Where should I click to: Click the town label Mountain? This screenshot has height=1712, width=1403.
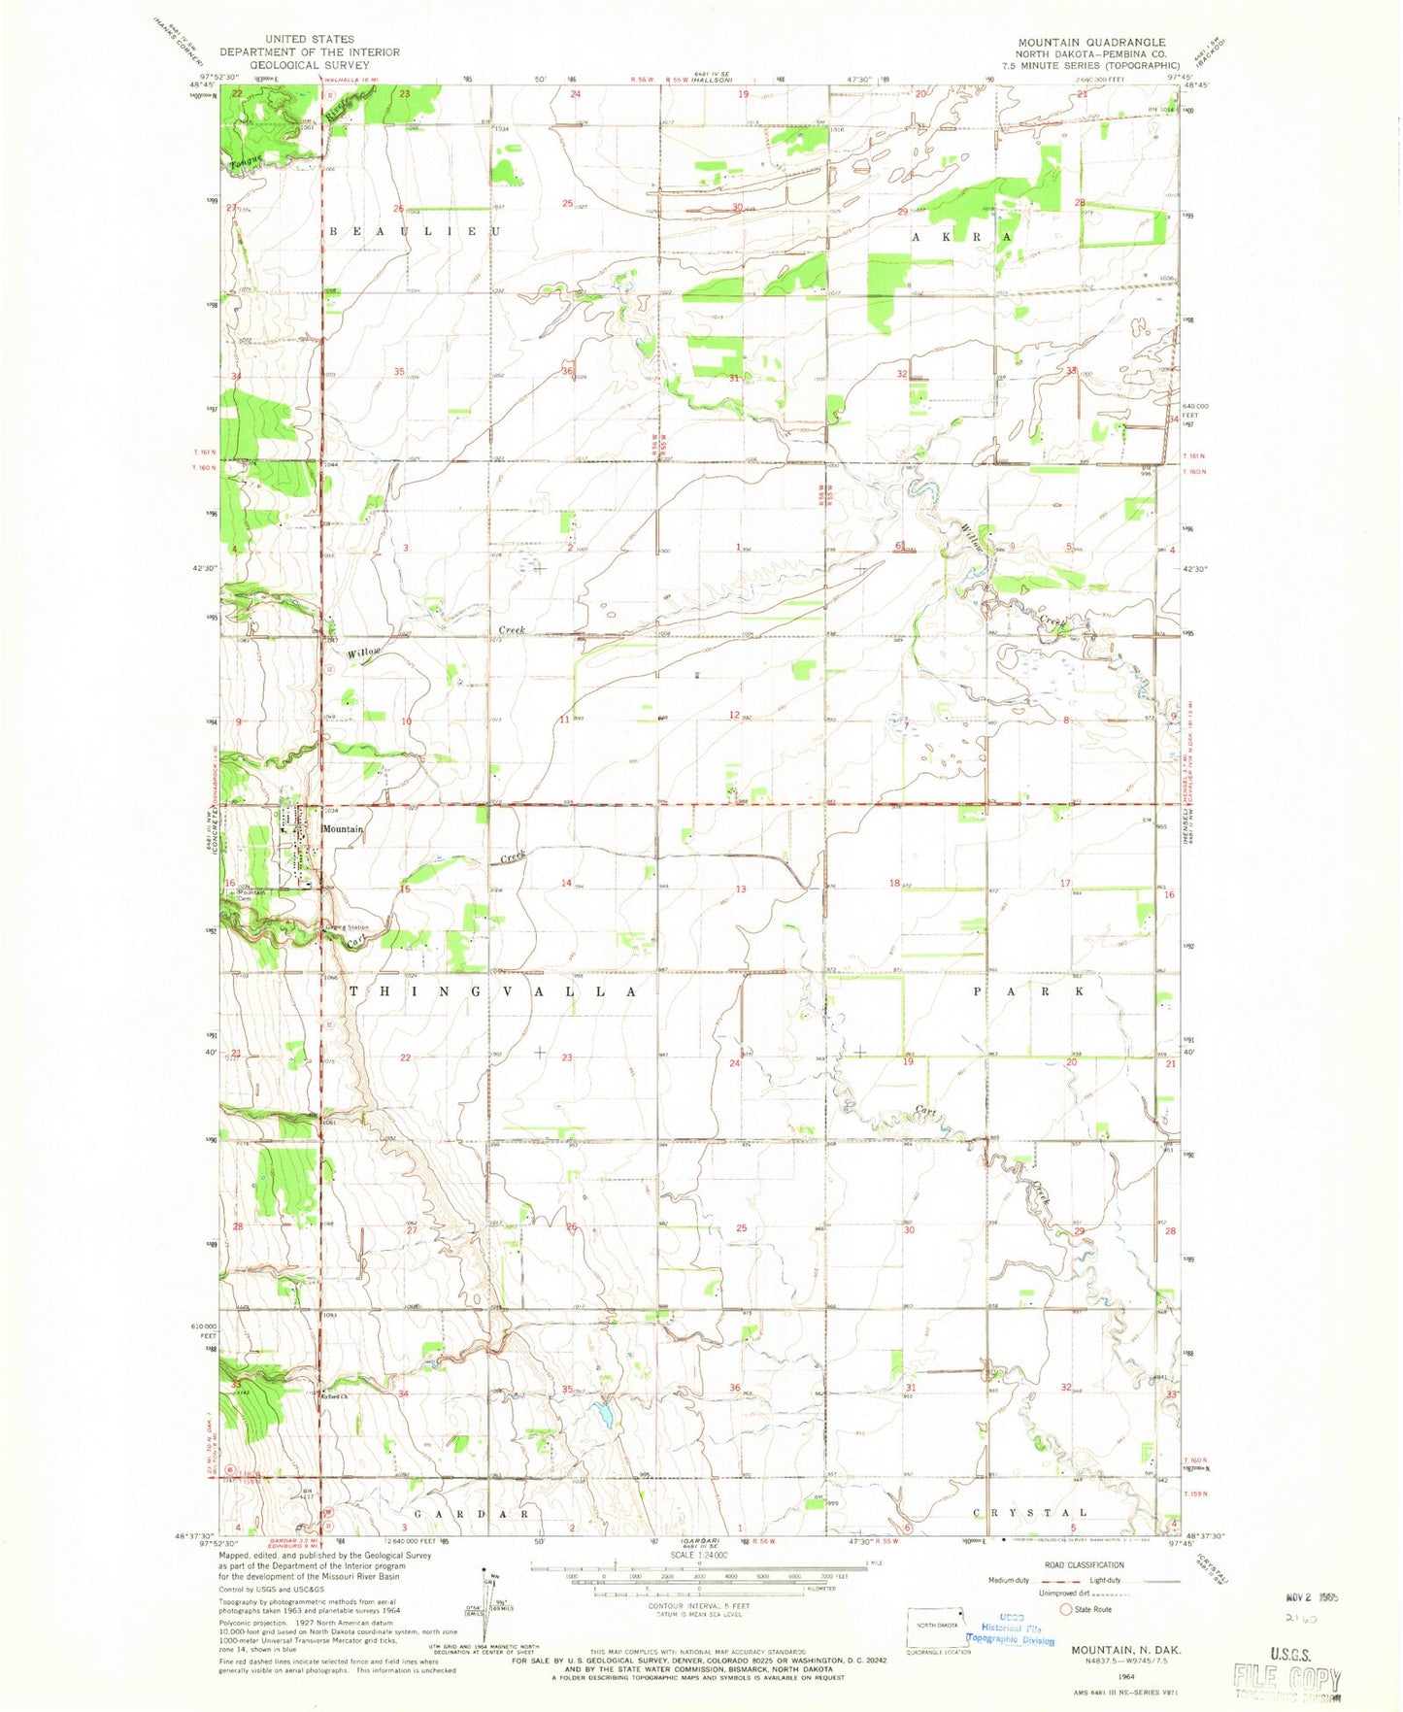pos(343,828)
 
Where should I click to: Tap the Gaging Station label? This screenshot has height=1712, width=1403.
pos(348,927)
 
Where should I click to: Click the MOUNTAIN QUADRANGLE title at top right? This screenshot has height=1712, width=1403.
pos(1091,42)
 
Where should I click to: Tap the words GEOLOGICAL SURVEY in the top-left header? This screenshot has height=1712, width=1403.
pos(309,64)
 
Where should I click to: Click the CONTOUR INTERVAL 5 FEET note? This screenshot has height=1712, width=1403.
pos(700,1606)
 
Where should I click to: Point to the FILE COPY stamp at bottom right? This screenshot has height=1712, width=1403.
pos(1286,1678)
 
